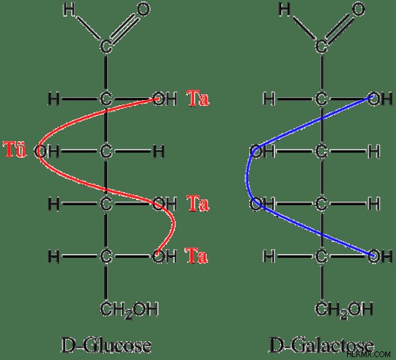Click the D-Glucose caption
point(106,346)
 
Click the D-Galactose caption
point(320,346)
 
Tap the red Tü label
point(15,150)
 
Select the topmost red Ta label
point(198,98)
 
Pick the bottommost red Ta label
point(197,256)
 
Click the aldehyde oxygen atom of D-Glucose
point(143,9)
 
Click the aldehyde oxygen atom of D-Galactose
point(358,9)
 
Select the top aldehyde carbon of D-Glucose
point(106,47)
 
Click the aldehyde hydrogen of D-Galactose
point(284,10)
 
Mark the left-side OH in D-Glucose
point(47,151)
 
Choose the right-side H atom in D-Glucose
point(158,151)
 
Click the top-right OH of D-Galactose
point(380,99)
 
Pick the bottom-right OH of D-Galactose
point(380,256)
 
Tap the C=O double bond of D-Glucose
point(124,28)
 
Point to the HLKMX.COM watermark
point(369,354)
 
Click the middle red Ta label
point(198,203)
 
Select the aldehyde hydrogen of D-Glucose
point(69,10)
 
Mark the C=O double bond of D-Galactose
point(339,28)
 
